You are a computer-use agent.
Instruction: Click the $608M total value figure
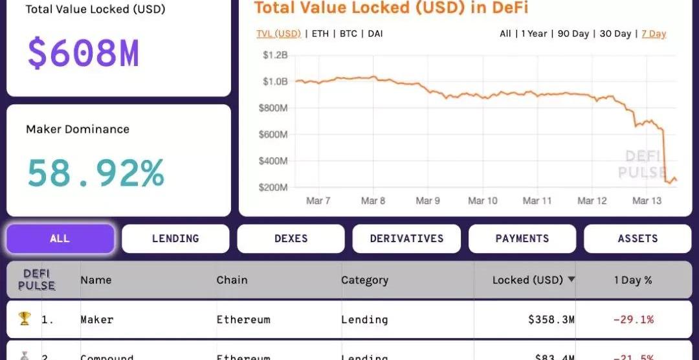[x=83, y=54]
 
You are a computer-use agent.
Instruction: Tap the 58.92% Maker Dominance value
[x=95, y=173]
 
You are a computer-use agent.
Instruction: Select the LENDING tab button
[x=175, y=239]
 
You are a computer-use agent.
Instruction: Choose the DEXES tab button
[x=291, y=239]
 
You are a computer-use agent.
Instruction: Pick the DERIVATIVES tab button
[x=406, y=239]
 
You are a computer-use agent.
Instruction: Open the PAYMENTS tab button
[x=522, y=239]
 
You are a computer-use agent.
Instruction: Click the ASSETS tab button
[x=638, y=239]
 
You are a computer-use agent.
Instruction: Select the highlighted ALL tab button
[x=60, y=239]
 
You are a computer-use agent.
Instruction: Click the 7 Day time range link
[x=654, y=34]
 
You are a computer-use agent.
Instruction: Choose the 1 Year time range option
[x=534, y=34]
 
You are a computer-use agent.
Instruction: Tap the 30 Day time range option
[x=615, y=34]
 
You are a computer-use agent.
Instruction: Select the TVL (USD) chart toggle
[x=279, y=34]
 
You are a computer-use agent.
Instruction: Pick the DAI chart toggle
[x=375, y=34]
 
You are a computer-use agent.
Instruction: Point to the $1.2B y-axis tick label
[x=275, y=55]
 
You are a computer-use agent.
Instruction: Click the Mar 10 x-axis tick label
[x=483, y=201]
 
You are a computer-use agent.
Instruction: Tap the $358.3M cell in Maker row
[x=551, y=319]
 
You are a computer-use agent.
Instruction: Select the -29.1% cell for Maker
[x=633, y=319]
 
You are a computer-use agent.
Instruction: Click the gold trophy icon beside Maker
[x=25, y=319]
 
